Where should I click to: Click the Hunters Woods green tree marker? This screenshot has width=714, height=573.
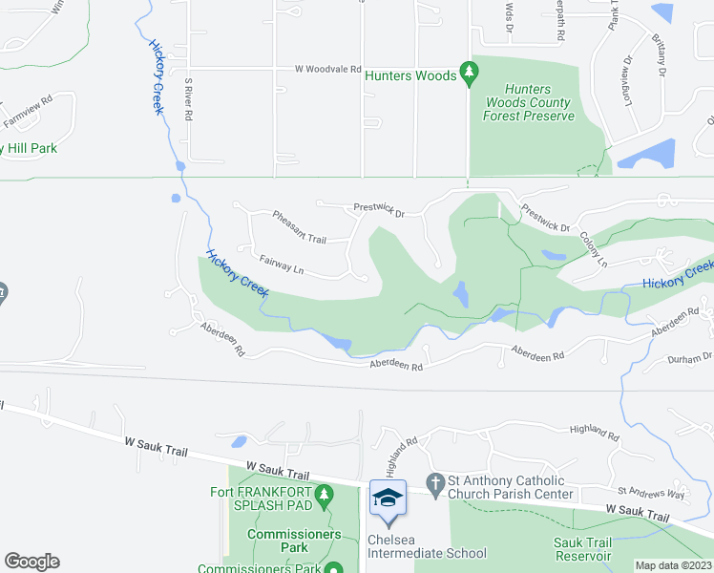(468, 72)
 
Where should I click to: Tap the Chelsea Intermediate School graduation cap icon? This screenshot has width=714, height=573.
(388, 499)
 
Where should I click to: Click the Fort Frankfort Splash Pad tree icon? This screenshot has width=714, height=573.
(325, 495)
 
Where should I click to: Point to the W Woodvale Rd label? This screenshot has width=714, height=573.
(327, 69)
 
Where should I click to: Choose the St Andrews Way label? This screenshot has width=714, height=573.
(651, 493)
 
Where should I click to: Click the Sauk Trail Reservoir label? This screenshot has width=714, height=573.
(582, 549)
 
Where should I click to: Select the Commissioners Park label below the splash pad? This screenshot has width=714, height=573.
(292, 541)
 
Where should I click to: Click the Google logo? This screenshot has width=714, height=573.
(31, 562)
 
